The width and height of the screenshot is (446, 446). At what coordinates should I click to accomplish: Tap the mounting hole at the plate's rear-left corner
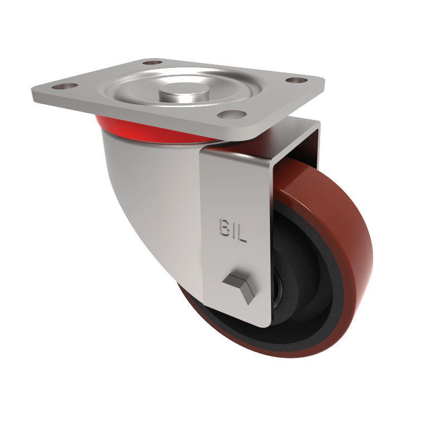coord(152,62)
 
